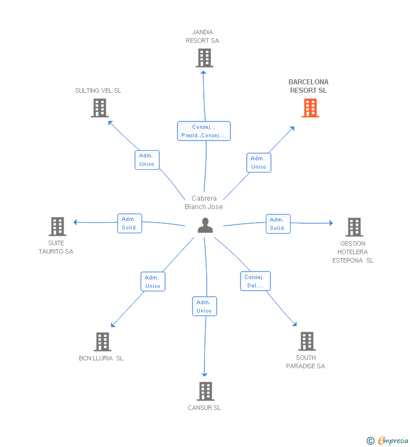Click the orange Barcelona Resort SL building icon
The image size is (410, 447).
pos(310,108)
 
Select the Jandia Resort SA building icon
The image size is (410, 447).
pos(204,58)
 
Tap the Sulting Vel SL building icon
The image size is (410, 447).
pos(100,108)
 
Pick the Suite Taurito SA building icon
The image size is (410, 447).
pos(57,227)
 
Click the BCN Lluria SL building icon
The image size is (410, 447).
pos(102,341)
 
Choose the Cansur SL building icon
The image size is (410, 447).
pos(206,391)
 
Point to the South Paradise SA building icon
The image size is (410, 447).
pos(306,341)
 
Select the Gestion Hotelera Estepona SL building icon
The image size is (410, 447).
pos(354,227)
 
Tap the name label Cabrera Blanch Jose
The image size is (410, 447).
pos(204,202)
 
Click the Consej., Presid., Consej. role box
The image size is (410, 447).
pos(204,131)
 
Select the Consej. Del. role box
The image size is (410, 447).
pos(255,281)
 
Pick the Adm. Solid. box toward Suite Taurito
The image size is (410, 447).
pos(129,223)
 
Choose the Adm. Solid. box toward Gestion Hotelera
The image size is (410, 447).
pos(278,224)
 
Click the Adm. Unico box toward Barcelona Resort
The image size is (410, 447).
pos(259,162)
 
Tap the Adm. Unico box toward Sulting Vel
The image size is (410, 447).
pos(146,160)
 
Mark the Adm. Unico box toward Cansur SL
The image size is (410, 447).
pos(204,306)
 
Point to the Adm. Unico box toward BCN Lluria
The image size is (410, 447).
pos(153,282)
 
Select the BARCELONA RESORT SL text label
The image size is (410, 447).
pos(308,86)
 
